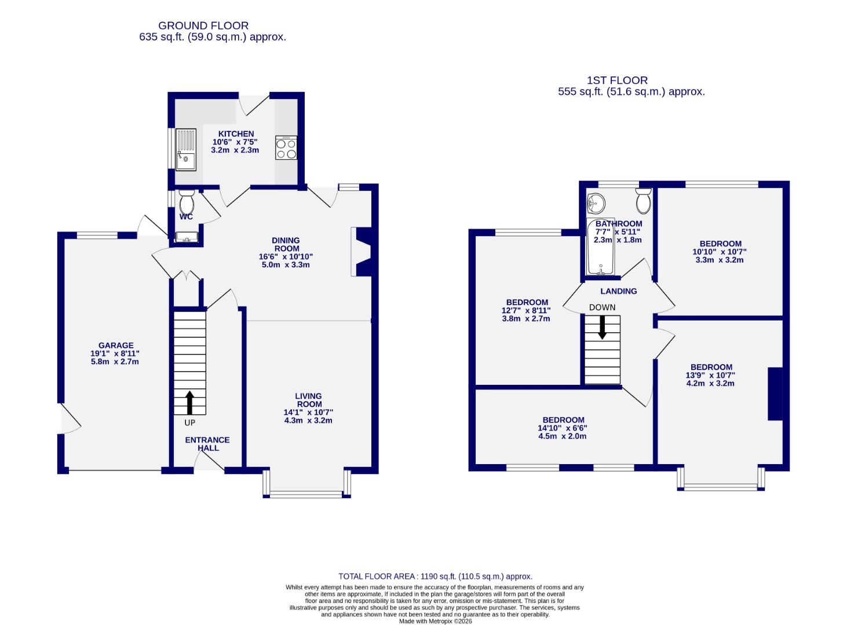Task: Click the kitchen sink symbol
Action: [x=186, y=149]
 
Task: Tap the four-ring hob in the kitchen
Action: [x=286, y=148]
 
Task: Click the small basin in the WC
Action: [x=187, y=237]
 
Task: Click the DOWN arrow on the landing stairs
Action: [x=602, y=327]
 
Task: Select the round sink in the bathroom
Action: [x=596, y=203]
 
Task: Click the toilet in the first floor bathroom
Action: [x=643, y=201]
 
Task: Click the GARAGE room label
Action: [x=115, y=345]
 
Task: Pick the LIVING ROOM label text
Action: [x=309, y=400]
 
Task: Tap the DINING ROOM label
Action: [x=286, y=244]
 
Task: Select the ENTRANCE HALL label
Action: [x=207, y=444]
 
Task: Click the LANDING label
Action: [x=618, y=291]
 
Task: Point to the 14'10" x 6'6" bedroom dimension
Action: [x=563, y=428]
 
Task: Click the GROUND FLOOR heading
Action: [x=203, y=25]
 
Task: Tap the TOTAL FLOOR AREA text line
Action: [x=435, y=576]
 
